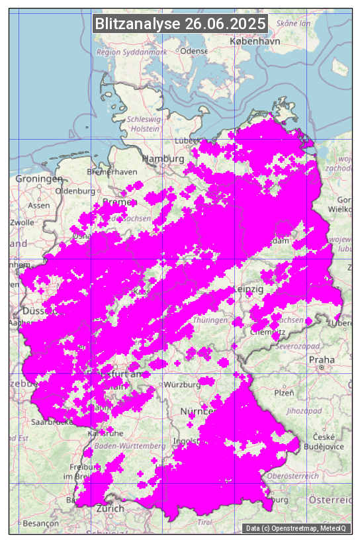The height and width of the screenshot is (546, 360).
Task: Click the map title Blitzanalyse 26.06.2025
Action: point(180,24)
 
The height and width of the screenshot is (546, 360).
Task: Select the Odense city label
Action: point(194,51)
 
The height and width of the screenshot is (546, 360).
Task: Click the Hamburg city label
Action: point(163,159)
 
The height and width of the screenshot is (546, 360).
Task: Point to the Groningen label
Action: point(39,179)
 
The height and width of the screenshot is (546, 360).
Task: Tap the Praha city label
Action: point(322,360)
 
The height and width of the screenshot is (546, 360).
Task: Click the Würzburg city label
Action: point(183,385)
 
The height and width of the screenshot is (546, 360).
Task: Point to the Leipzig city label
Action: point(249,290)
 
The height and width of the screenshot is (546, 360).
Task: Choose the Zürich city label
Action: point(110,508)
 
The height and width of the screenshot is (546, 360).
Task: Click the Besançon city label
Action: point(40,523)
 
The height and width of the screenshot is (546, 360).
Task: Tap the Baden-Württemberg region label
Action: point(130,446)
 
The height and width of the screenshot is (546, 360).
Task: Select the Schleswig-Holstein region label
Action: point(144,124)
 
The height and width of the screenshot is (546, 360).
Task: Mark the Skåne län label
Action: point(293,23)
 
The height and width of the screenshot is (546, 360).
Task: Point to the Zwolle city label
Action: point(22,222)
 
